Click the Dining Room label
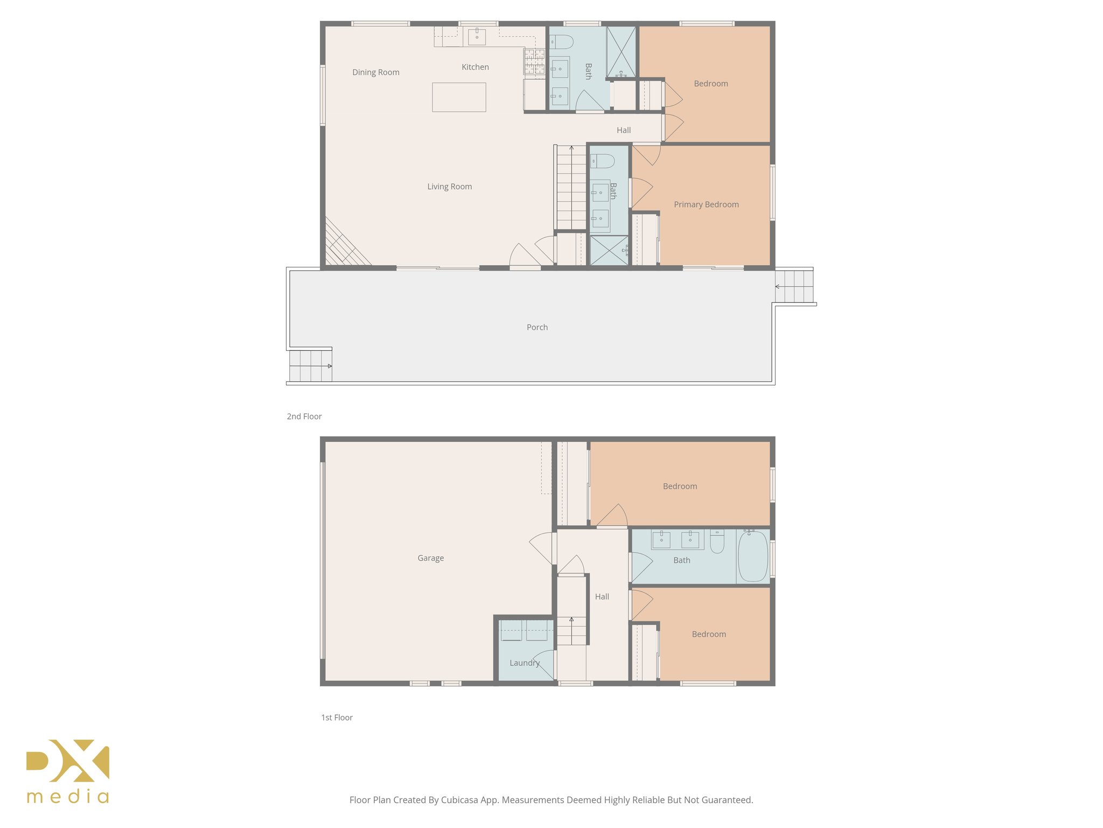click(375, 72)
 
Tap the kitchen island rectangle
click(459, 97)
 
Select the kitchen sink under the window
click(477, 37)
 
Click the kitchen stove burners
click(534, 61)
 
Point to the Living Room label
click(449, 187)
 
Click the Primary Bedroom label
click(706, 204)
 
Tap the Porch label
click(537, 327)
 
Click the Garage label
click(430, 558)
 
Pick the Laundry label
click(524, 663)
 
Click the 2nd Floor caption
click(304, 416)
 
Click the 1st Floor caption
click(337, 717)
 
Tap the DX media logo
click(68, 771)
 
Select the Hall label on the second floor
click(623, 130)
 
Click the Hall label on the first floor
click(602, 597)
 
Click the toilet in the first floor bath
click(717, 541)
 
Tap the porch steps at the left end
click(310, 366)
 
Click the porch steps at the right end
click(794, 286)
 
